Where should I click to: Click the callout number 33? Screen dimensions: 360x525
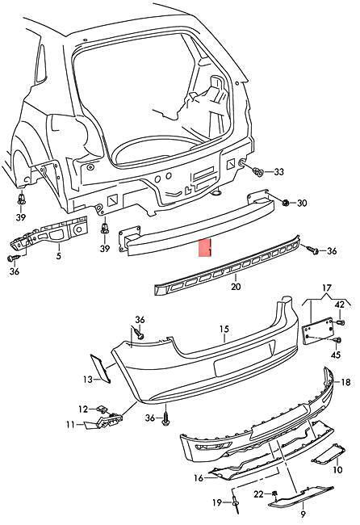[278, 172]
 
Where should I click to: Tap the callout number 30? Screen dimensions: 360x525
[302, 204]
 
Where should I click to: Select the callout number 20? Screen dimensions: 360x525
[236, 287]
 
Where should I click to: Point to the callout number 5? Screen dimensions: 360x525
[59, 257]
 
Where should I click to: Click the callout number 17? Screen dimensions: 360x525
[327, 288]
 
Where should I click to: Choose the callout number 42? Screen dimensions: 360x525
[339, 304]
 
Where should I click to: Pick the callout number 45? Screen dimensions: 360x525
[336, 355]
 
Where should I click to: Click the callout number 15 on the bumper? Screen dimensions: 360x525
[224, 329]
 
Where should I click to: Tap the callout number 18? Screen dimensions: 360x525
[346, 382]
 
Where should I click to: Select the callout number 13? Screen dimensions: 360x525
[88, 380]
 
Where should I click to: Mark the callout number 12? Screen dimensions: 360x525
[83, 409]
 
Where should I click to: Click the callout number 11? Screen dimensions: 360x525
[70, 425]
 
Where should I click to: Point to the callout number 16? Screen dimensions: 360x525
[199, 478]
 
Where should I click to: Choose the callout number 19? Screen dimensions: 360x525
[217, 502]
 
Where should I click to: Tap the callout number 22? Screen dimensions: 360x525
[258, 493]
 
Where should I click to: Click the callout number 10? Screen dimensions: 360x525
[337, 470]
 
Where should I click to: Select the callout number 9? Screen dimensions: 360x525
[303, 514]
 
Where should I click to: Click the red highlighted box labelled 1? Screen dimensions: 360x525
[205, 248]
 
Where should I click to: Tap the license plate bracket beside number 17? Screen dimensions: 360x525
[318, 331]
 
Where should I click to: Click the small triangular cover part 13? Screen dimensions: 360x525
[101, 368]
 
